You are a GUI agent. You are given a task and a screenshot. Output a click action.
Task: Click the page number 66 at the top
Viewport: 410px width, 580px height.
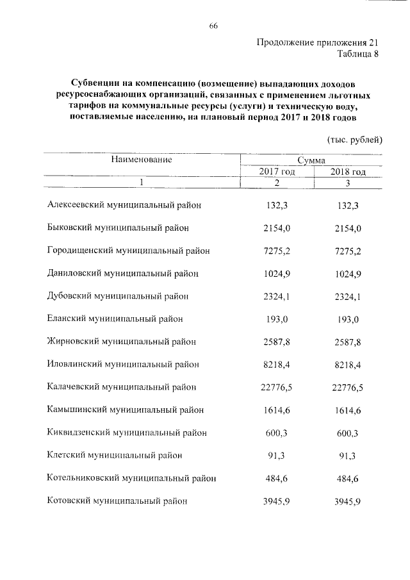tap(214, 26)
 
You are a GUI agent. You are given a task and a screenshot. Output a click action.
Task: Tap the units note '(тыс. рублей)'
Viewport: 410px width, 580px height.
tap(354, 140)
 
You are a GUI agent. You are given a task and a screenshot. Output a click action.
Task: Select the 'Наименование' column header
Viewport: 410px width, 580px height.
tap(141, 159)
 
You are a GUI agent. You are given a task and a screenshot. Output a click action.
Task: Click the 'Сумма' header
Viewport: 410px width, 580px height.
tap(311, 160)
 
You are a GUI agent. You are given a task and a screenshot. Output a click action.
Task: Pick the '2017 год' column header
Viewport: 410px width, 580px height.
tap(277, 172)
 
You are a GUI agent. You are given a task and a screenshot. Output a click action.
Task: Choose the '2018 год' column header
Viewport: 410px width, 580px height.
tap(348, 172)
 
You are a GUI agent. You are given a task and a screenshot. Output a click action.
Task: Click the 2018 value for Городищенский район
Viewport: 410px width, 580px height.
tap(348, 251)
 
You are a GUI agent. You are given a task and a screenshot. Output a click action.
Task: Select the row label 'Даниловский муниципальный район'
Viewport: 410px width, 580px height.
tap(123, 273)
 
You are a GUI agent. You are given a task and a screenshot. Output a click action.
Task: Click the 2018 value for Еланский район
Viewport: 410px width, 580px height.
tap(348, 319)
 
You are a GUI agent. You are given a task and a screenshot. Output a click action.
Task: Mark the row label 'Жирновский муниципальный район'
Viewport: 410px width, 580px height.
tap(122, 341)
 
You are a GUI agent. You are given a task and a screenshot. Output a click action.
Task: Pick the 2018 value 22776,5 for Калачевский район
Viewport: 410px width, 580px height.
tap(348, 387)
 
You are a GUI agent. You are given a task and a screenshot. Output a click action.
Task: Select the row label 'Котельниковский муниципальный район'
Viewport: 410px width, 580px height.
tap(131, 478)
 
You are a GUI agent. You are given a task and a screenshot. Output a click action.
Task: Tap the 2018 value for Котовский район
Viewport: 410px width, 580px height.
tap(348, 501)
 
